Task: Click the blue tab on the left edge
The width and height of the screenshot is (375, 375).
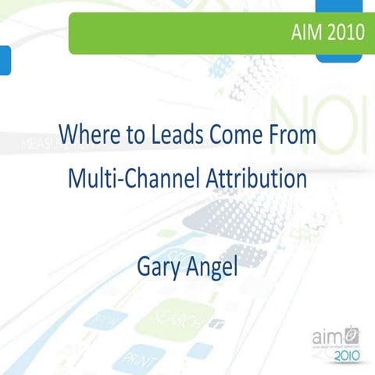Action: [x=5, y=59]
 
